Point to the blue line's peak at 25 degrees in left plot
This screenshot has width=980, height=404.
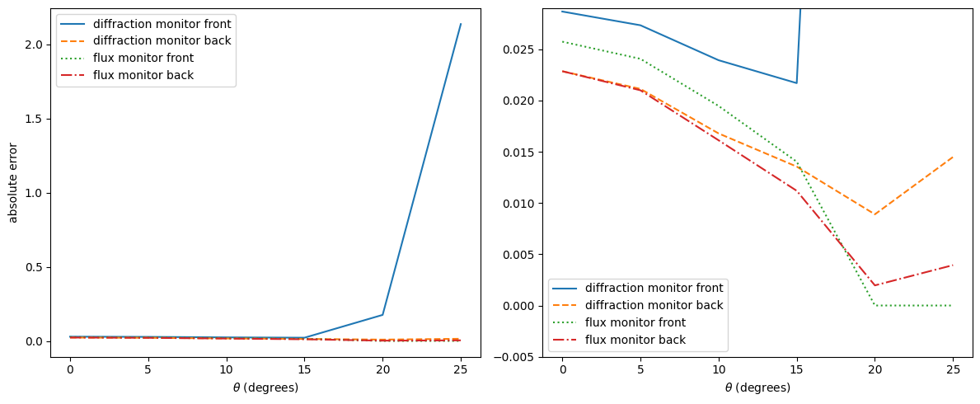(461, 24)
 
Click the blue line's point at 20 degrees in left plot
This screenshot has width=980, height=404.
(383, 315)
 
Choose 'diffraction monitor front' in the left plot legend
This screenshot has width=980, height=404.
(162, 23)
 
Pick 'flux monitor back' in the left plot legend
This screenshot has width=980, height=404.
(143, 75)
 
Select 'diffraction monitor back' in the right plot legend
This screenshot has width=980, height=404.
(654, 305)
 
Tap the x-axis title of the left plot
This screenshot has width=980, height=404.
(265, 388)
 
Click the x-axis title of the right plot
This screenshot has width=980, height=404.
(757, 388)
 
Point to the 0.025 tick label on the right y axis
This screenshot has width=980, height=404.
(521, 49)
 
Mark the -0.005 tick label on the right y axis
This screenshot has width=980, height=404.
(518, 357)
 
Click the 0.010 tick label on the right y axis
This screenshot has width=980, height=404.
(521, 204)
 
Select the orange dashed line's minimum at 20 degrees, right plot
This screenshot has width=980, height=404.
(874, 214)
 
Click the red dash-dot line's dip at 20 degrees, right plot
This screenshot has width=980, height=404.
(874, 285)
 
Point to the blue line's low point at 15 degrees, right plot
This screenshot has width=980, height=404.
(796, 83)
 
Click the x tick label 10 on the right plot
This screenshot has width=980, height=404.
(718, 370)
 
